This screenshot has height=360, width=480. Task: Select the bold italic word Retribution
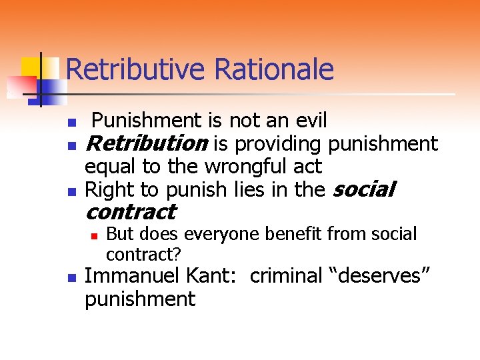click(x=147, y=143)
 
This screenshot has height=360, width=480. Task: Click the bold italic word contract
click(x=131, y=213)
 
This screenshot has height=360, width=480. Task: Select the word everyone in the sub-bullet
click(x=219, y=234)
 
